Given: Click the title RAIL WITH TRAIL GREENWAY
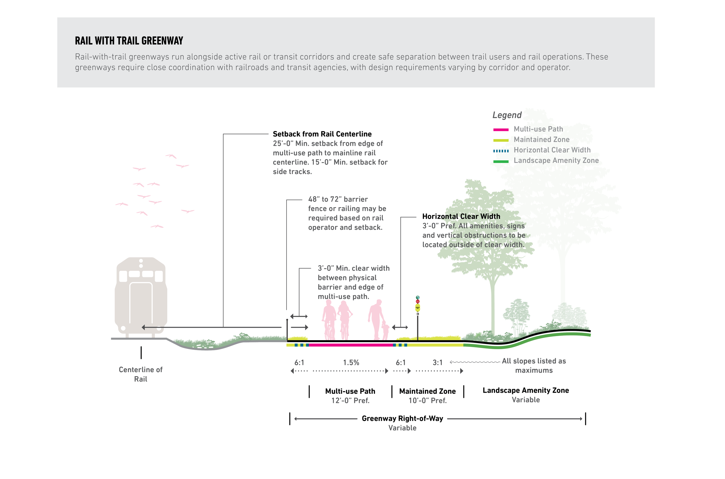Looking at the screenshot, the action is coord(129,41).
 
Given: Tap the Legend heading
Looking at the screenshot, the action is coord(507,115).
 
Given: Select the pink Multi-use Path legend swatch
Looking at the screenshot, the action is coord(501,130).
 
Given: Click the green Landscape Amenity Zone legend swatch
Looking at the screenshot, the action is coord(501,162).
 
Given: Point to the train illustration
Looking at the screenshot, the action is coord(141,296).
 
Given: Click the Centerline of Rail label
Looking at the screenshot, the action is coord(141,374).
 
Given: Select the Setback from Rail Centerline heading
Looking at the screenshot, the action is coord(322,134).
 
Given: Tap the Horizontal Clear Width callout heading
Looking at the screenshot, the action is coord(461,216).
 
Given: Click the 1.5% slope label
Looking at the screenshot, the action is coord(351,363).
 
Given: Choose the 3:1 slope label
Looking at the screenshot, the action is coord(437,363).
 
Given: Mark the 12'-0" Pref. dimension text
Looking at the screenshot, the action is coord(350,401).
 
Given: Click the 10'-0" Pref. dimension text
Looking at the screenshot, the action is coord(428,401).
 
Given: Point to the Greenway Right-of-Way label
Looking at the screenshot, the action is coord(402,419).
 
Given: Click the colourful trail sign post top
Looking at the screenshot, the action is coord(418,305).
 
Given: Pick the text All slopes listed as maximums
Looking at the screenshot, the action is coord(534,366).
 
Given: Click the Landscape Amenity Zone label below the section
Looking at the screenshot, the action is coord(525,390).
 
